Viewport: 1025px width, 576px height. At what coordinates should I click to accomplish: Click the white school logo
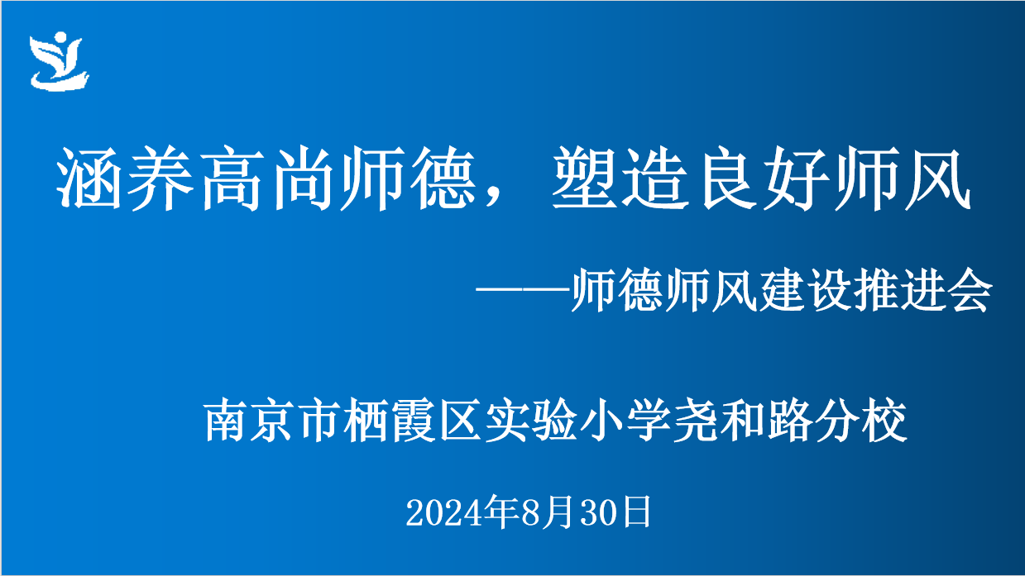coord(59,61)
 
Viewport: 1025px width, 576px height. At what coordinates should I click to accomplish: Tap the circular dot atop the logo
coord(60,37)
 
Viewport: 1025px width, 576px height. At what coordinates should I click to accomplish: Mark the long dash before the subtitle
coord(523,289)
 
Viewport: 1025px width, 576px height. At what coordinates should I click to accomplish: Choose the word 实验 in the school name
coord(531,420)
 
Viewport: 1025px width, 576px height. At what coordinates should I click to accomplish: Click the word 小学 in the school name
coord(625,420)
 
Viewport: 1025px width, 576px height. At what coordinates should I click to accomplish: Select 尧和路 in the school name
coord(742,420)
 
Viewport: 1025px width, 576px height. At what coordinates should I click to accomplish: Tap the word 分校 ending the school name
coord(860,420)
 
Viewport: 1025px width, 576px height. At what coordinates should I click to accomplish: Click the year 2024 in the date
coord(444,513)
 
